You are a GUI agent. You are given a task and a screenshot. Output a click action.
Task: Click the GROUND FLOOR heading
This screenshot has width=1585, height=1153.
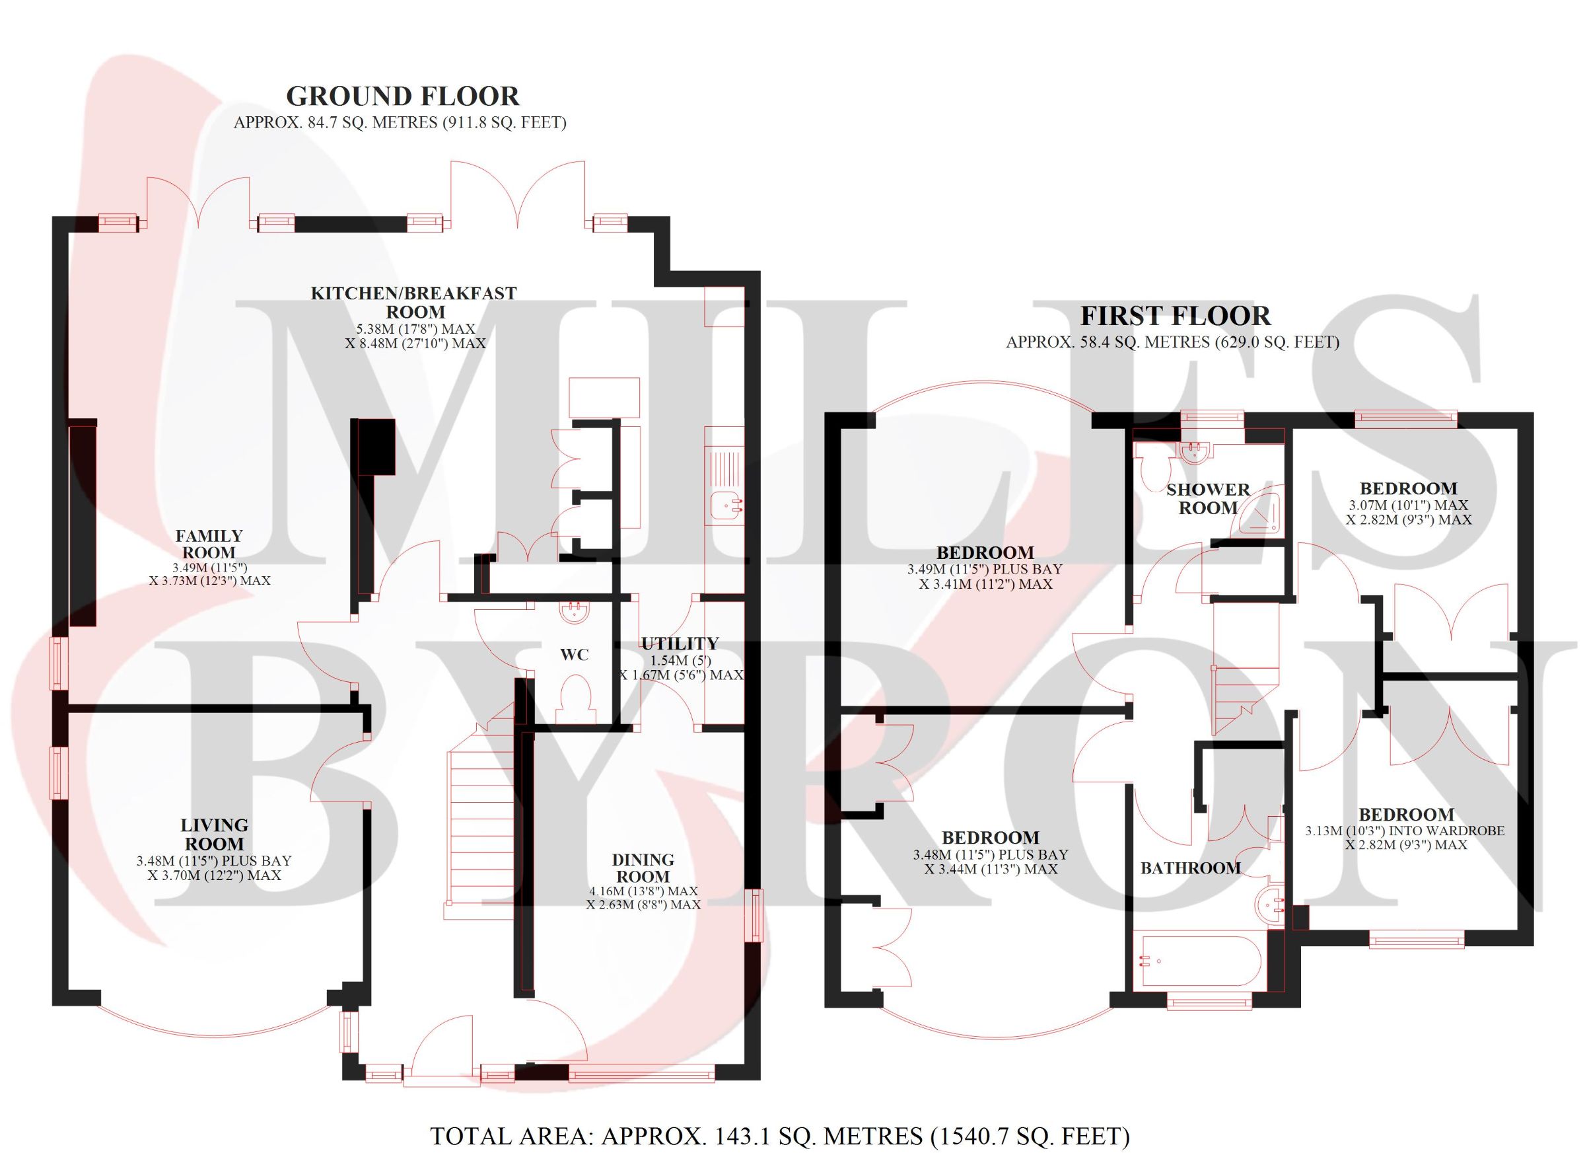click(x=403, y=96)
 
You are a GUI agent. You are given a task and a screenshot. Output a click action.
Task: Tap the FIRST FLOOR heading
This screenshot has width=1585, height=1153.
click(x=1176, y=316)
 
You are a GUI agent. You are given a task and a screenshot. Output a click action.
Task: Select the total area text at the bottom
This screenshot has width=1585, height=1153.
click(x=780, y=1136)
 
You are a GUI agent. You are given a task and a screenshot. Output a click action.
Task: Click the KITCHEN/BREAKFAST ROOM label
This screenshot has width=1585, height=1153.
click(x=413, y=302)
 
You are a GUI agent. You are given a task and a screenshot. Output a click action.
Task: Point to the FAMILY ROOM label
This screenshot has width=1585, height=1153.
click(x=209, y=543)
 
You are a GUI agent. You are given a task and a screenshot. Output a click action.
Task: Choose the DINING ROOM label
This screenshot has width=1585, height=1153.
click(x=643, y=868)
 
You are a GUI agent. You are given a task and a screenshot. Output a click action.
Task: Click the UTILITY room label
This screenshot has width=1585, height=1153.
click(x=680, y=644)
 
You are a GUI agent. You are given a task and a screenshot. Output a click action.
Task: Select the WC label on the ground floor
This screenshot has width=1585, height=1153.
click(x=575, y=655)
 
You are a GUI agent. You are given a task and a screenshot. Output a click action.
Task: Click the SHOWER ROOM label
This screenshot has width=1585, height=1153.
click(x=1208, y=499)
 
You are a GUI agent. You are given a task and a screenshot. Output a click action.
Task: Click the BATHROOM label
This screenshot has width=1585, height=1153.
click(x=1191, y=868)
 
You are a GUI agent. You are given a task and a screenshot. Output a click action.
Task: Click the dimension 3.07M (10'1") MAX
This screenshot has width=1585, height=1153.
click(x=1408, y=505)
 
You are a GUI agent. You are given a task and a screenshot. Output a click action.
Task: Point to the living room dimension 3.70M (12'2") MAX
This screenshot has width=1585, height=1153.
click(x=214, y=875)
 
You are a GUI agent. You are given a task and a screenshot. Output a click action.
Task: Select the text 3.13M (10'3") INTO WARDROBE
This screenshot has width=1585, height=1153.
click(x=1405, y=831)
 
